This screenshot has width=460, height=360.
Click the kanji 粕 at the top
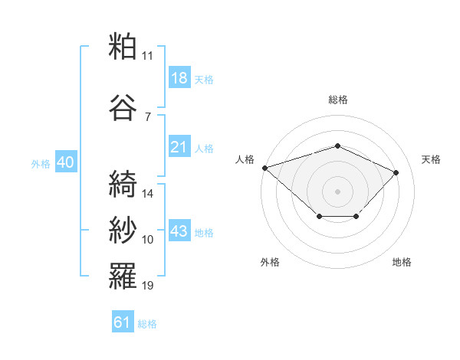pyautogui.click(x=123, y=46)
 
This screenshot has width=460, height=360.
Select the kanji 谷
pyautogui.click(x=123, y=107)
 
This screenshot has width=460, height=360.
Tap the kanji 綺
pyautogui.click(x=123, y=184)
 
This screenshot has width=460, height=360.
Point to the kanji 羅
pyautogui.click(x=123, y=276)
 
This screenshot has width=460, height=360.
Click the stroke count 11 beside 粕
pyautogui.click(x=147, y=56)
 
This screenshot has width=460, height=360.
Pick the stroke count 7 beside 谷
pyautogui.click(x=148, y=117)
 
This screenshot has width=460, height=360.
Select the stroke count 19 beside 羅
pyautogui.click(x=147, y=285)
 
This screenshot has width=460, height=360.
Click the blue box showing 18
pyautogui.click(x=179, y=77)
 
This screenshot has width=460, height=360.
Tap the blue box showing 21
pyautogui.click(x=179, y=146)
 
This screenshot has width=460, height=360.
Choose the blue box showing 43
pyautogui.click(x=179, y=230)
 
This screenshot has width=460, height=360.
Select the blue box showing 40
pyautogui.click(x=66, y=162)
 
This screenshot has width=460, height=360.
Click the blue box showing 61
pyautogui.click(x=123, y=321)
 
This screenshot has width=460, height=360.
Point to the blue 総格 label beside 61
pyautogui.click(x=147, y=324)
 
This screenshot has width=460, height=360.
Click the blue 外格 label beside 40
pyautogui.click(x=41, y=164)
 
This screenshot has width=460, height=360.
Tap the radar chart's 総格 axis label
pyautogui.click(x=338, y=100)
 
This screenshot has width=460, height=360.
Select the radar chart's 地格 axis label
pyautogui.click(x=402, y=262)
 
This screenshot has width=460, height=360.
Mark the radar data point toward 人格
pyautogui.click(x=265, y=168)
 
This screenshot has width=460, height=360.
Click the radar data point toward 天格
pyautogui.click(x=396, y=172)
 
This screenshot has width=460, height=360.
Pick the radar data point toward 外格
pyautogui.click(x=320, y=216)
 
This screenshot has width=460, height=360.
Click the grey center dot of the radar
pyautogui.click(x=337, y=191)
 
